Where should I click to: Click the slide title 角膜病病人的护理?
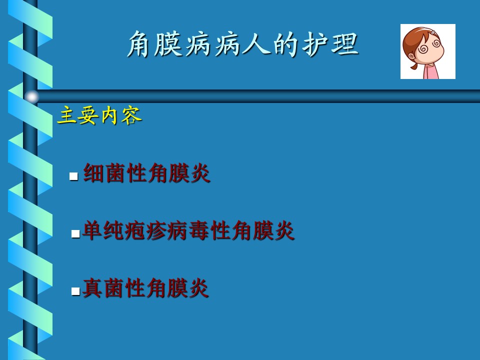[x=242, y=44]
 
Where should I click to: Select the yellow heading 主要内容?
[x=99, y=115]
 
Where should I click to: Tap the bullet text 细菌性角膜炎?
[x=146, y=173]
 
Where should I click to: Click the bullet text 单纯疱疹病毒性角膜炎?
[x=188, y=230]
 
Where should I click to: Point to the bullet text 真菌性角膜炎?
[x=145, y=288]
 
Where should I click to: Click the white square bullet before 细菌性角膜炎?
[x=73, y=176]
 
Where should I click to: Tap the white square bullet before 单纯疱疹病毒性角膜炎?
[x=75, y=234]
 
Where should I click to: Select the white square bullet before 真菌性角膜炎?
[x=75, y=291]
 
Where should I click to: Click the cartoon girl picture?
[x=428, y=51]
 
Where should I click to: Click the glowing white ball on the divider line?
[x=31, y=96]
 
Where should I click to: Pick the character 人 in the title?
[x=256, y=44]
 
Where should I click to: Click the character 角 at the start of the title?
[x=140, y=44]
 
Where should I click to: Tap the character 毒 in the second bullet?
[x=199, y=230]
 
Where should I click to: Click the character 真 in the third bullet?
[x=92, y=288]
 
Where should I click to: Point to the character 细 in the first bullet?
[x=93, y=173]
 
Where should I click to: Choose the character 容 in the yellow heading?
[x=131, y=115]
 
